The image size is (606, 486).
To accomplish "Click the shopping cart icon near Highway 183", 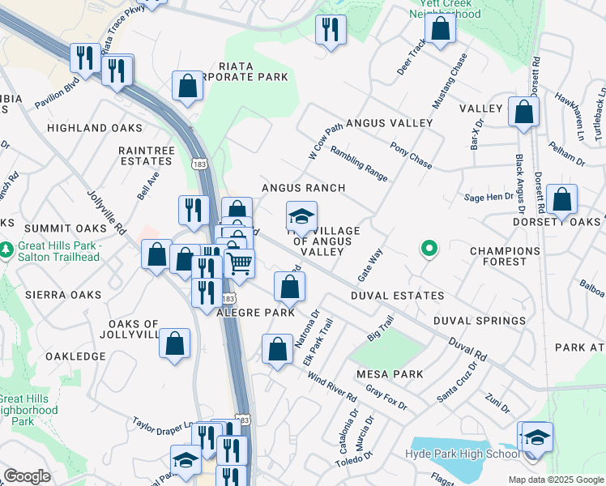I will tap(239, 263).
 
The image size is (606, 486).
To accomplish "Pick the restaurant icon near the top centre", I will tap(331, 31).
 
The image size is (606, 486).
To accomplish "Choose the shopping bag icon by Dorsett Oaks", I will tap(561, 199).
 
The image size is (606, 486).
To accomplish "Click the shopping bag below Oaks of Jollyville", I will tap(174, 343).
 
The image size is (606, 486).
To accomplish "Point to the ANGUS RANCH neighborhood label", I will tap(303, 188).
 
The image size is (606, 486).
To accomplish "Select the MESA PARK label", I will tap(390, 374).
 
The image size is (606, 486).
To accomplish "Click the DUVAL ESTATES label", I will tap(397, 296).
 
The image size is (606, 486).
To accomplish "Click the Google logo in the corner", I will tap(27, 476).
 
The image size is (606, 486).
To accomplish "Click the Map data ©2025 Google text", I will tap(555, 479).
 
